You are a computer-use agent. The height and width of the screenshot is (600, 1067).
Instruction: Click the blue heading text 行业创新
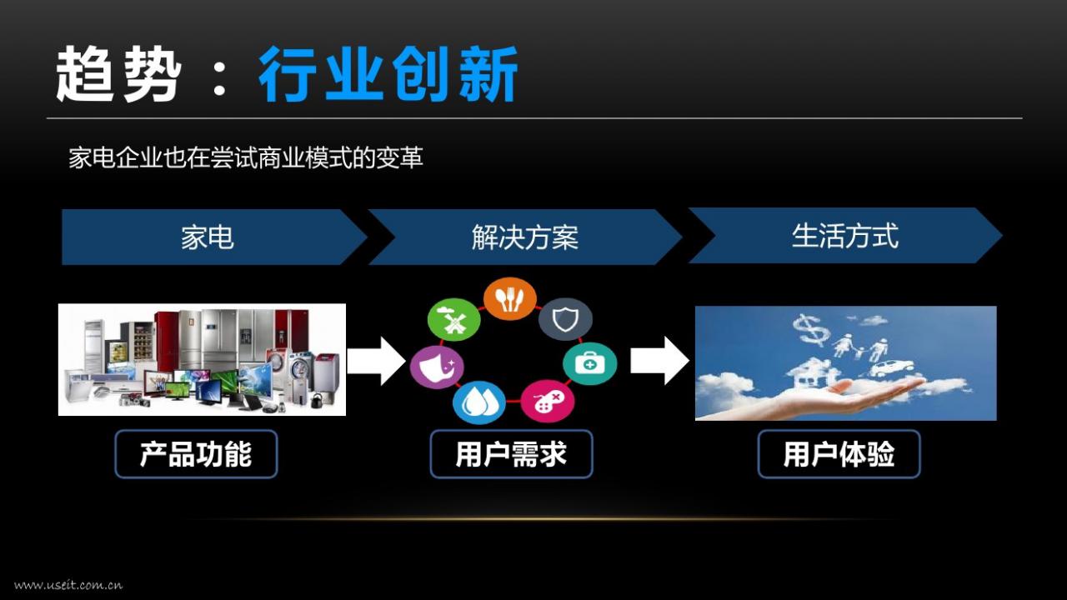coord(388,74)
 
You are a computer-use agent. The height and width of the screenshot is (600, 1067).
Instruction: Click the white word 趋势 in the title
coord(118,74)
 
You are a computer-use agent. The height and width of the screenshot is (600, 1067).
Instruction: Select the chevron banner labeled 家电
coord(214,237)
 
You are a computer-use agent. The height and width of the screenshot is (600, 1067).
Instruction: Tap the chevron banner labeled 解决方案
coord(525,237)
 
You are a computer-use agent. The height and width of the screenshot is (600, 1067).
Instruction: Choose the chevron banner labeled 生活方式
coord(845,235)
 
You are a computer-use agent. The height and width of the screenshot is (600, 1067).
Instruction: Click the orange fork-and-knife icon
coord(510,299)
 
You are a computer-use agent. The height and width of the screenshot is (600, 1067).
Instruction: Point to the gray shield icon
coord(565,319)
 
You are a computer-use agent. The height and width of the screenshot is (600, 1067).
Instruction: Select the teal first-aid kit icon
coord(589,363)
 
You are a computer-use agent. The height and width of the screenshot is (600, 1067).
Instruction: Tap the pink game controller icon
coord(548,401)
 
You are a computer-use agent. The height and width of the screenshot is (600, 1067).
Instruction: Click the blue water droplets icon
coord(478,402)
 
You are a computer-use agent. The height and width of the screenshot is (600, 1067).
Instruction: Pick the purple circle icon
coord(438,367)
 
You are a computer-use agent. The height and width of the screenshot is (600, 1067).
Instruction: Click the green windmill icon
coord(454,319)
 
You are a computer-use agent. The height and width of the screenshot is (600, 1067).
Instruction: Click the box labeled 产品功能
coord(196,454)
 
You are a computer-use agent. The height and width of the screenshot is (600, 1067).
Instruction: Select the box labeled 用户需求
coord(511,454)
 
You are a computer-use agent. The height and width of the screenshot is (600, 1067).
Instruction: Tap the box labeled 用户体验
coord(839,454)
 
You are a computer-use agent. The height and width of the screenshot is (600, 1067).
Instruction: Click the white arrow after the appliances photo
coord(376,361)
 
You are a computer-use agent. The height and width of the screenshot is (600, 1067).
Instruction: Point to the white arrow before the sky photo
coord(659,361)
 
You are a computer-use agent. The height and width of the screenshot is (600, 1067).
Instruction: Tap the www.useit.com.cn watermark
coord(68,585)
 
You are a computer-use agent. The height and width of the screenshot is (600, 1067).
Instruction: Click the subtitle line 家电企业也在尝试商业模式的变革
coord(246,157)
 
